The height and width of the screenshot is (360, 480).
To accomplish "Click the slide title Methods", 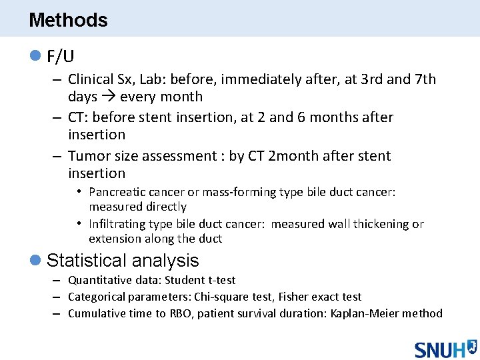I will click(68, 20).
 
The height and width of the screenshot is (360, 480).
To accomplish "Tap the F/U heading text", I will click(61, 57).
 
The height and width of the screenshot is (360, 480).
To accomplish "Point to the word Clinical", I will click(91, 79).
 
